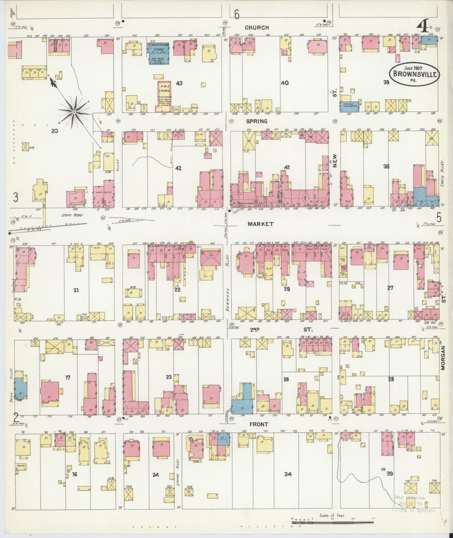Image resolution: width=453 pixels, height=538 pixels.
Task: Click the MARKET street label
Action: pyautogui.click(x=256, y=224)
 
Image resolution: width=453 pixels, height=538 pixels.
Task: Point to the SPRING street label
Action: pyautogui.click(x=256, y=121)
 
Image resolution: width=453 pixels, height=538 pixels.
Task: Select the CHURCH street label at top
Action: pyautogui.click(x=257, y=28)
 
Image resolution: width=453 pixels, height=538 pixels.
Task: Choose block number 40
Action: pyautogui.click(x=285, y=83)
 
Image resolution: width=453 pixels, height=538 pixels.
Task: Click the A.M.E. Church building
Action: pyautogui.click(x=163, y=97)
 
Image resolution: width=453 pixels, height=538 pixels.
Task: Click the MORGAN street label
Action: pyautogui.click(x=443, y=358)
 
